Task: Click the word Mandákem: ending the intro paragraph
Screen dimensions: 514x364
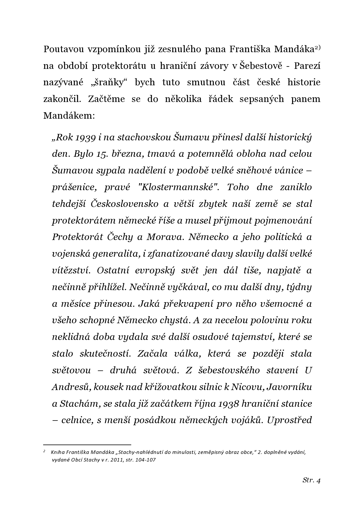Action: (x=69, y=116)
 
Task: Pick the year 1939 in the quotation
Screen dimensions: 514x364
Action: (x=85, y=137)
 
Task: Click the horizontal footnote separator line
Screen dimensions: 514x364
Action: (x=87, y=445)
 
